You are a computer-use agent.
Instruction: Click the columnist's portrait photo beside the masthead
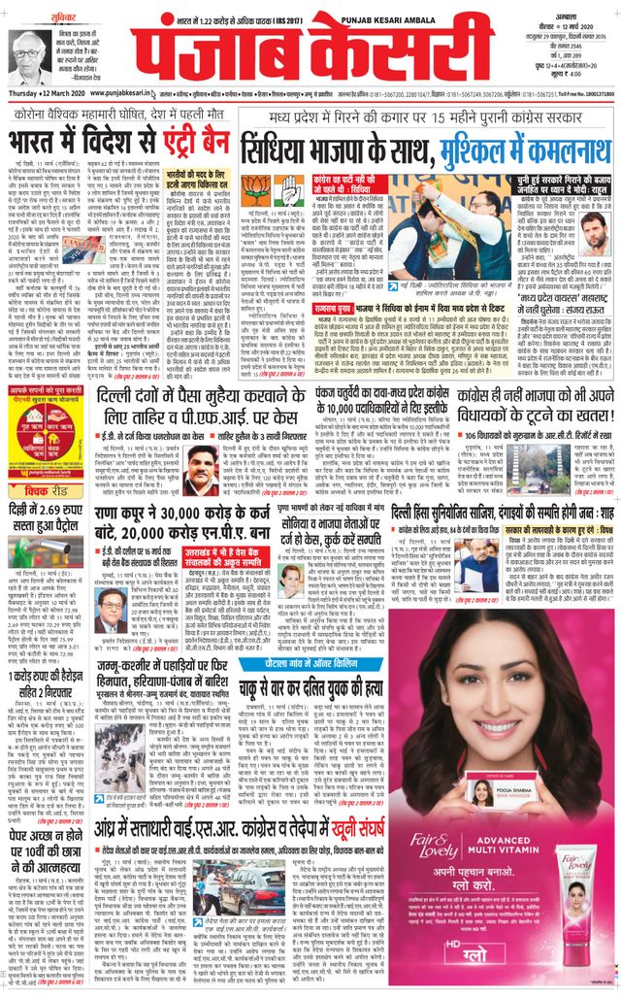(30, 57)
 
